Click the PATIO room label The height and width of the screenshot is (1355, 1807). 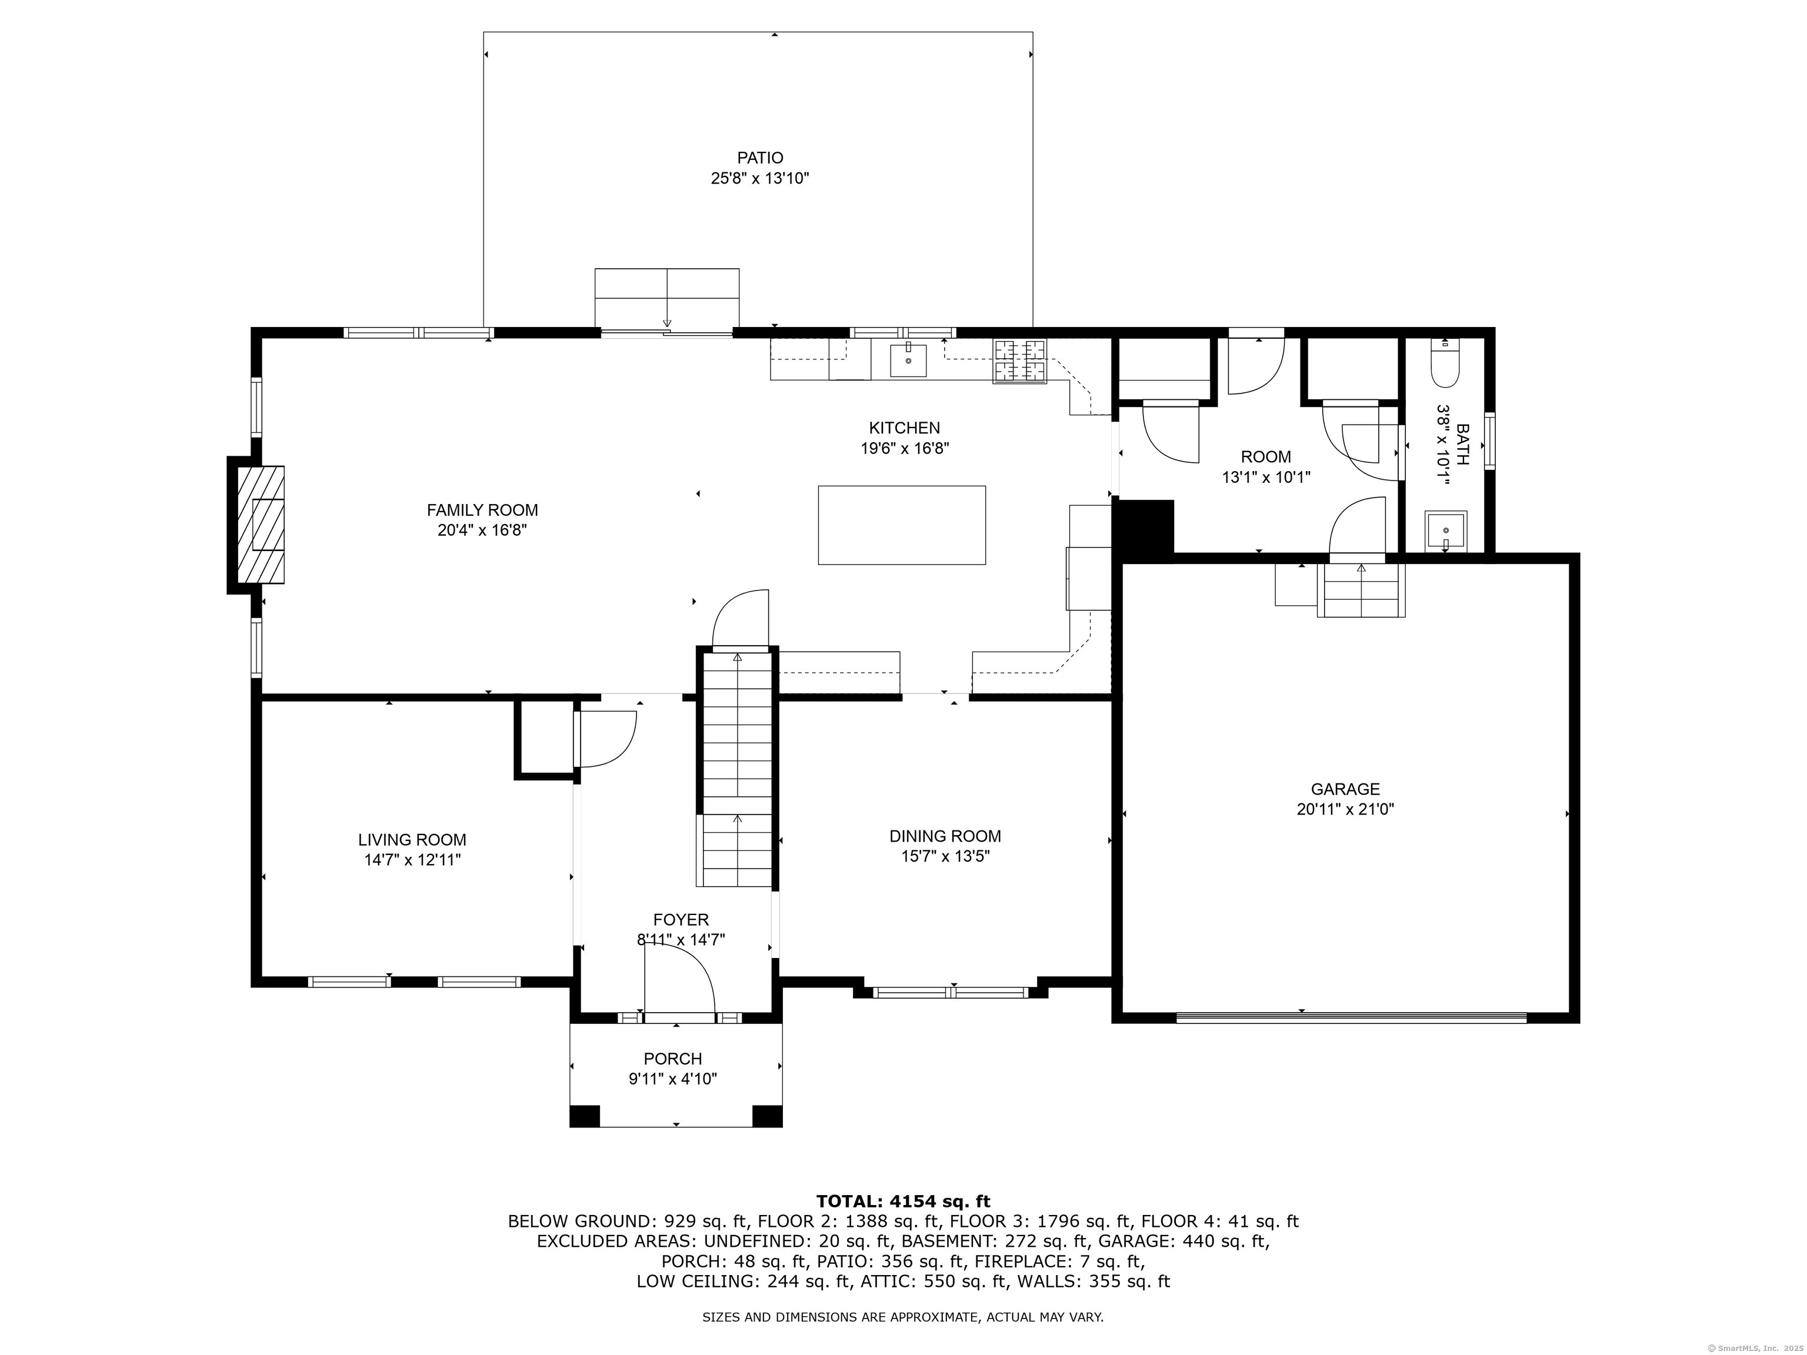coord(760,158)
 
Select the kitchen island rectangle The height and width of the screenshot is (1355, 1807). coord(902,525)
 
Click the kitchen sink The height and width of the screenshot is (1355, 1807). coord(908,360)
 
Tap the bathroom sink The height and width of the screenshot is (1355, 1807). coord(1445,532)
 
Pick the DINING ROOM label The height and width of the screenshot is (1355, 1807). coord(945,836)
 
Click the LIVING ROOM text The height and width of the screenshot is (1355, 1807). coord(412,840)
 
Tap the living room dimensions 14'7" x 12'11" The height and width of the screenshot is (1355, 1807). coord(412,860)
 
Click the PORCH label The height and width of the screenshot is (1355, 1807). coord(672,1059)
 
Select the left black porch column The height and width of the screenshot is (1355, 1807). coord(584,1116)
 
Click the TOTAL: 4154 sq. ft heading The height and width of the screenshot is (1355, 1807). coord(903,1201)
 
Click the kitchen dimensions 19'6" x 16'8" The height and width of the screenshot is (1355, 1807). coord(904,448)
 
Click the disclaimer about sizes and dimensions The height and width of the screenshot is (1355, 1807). coord(903,1317)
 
